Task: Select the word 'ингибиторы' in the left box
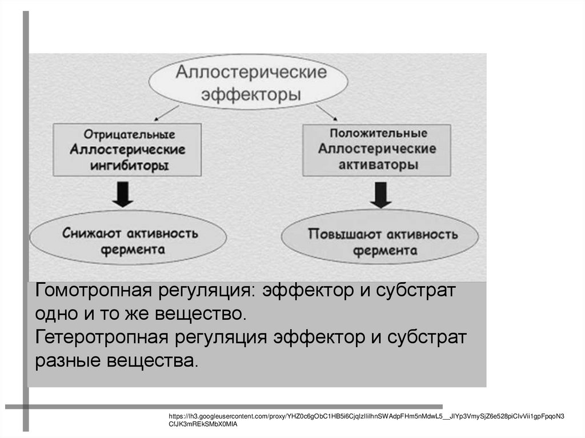tap(128, 165)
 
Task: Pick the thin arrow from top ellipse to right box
tap(326, 111)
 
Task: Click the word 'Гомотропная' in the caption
tap(91, 291)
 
